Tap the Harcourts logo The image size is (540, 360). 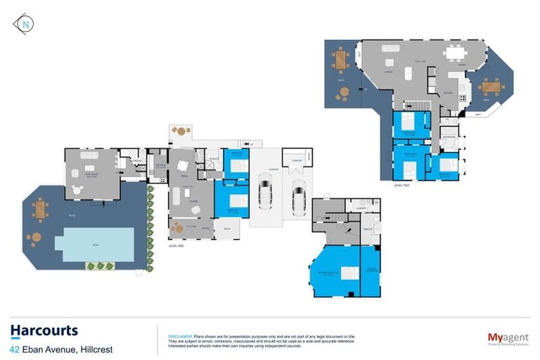[x=44, y=330]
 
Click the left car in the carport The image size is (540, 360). [x=265, y=192]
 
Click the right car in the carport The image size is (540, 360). [x=299, y=191]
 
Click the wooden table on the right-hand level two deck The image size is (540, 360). [x=490, y=87]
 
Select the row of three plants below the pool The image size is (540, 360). [x=99, y=266]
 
